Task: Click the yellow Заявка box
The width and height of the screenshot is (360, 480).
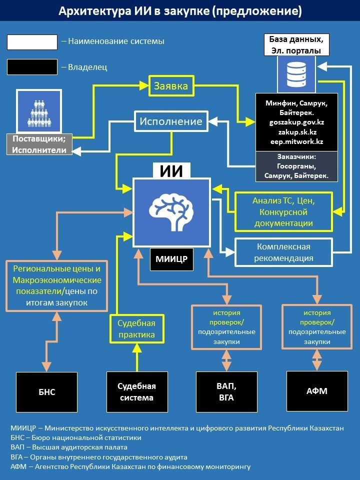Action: [170, 86]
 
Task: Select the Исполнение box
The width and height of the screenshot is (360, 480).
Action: [170, 121]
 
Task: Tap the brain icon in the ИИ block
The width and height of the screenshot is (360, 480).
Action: [171, 209]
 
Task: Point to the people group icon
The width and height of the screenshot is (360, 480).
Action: [38, 111]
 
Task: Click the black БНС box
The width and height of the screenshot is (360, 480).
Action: [47, 392]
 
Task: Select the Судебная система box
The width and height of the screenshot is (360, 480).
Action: [136, 392]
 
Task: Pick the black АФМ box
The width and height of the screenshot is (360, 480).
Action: [316, 391]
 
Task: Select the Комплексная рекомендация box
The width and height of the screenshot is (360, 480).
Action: [284, 252]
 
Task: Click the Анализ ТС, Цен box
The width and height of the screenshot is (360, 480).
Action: [284, 211]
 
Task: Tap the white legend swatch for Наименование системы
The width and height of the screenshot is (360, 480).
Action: [32, 42]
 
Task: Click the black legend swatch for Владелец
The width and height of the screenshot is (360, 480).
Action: [32, 67]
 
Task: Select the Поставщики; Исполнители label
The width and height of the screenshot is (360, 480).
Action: [39, 144]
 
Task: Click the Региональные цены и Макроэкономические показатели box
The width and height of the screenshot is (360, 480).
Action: [57, 285]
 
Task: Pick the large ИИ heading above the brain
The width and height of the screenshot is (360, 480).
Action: [171, 171]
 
